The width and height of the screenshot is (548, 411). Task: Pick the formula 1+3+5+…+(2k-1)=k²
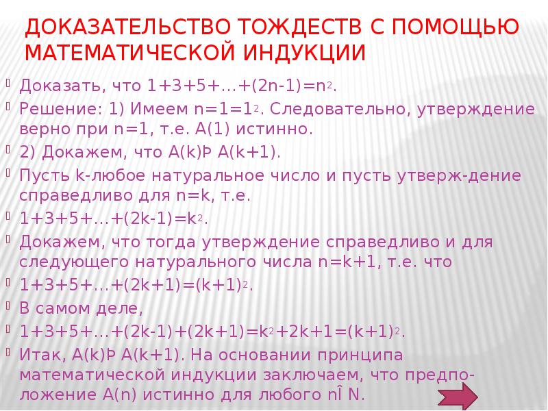pos(113,219)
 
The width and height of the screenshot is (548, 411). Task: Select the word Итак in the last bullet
pos(40,355)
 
